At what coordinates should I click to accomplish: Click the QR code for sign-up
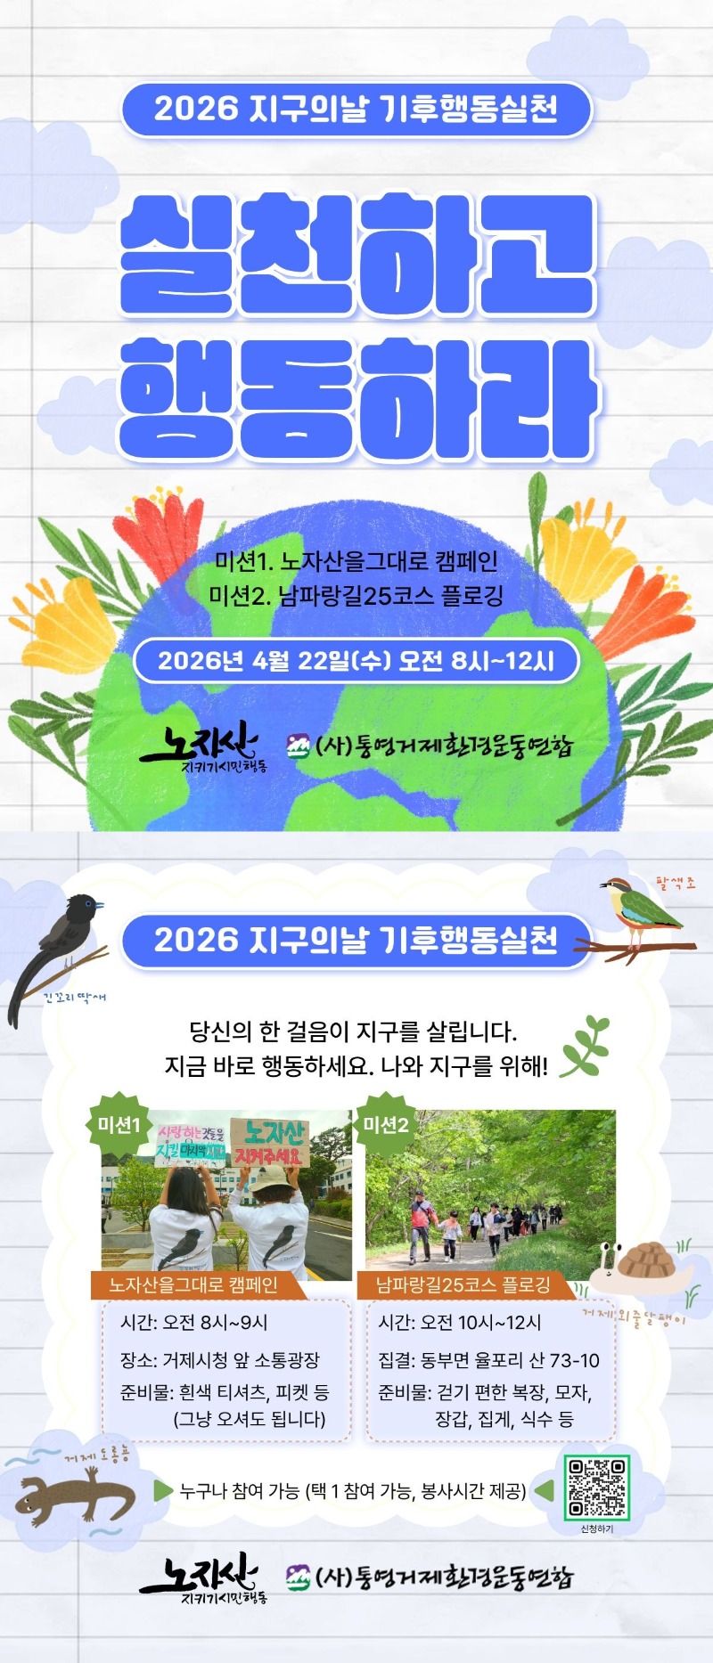pos(596,1487)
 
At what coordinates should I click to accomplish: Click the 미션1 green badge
pos(119,1125)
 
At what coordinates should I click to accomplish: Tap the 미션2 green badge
pos(385,1125)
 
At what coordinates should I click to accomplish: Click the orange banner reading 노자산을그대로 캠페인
pos(193,1284)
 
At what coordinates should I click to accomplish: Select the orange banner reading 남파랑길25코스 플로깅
pos(463,1284)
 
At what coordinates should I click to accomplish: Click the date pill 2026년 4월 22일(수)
pos(356,661)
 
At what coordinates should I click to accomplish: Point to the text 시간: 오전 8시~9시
pos(194,1323)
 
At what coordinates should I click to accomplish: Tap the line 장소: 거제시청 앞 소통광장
pos(219,1360)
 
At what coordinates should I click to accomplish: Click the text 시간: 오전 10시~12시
pos(459,1323)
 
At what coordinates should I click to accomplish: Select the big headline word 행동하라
pos(356,396)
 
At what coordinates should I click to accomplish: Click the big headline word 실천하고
pos(356,254)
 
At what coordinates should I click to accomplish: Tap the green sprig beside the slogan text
pos(584,1046)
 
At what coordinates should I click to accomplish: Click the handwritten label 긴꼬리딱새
pos(75,998)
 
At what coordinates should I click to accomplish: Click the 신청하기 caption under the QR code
pos(596,1528)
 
